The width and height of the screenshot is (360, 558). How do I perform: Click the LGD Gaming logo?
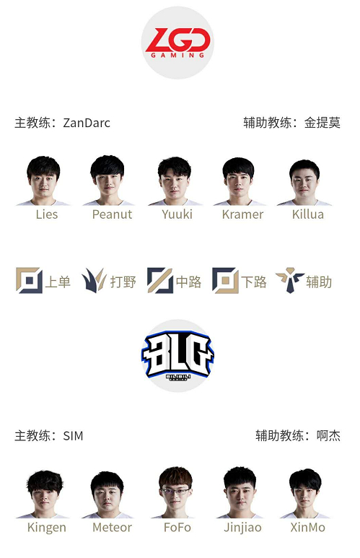click(177, 43)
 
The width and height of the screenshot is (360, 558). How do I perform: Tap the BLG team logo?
click(177, 355)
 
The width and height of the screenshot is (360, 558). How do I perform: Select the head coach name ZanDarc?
click(87, 123)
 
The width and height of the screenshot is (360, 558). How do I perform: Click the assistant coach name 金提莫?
click(322, 123)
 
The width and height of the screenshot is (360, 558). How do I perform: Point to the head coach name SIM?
click(74, 436)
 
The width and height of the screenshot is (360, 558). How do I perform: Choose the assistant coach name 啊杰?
click(328, 435)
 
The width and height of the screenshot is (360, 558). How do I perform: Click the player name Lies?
click(47, 214)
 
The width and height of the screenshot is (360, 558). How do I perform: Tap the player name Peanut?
click(112, 214)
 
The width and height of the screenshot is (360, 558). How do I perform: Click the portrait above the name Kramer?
click(239, 181)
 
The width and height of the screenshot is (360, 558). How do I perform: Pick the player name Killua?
click(308, 214)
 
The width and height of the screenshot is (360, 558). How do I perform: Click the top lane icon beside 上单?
click(29, 280)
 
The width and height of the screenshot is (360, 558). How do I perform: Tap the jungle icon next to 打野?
click(94, 280)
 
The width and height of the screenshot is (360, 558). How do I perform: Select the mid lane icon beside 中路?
click(159, 280)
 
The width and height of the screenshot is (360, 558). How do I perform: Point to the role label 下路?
click(254, 282)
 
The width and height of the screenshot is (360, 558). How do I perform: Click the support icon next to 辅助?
click(290, 280)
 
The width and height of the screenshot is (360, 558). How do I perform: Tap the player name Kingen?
click(47, 528)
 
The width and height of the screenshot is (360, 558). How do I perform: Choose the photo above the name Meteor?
click(107, 494)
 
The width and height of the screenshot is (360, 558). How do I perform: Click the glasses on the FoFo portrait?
click(176, 492)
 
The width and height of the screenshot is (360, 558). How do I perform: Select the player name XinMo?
click(308, 528)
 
